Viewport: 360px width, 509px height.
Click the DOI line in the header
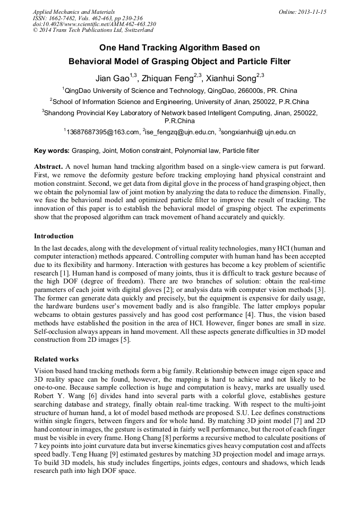pos(95,24)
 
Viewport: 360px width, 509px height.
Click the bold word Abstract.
pos(49,167)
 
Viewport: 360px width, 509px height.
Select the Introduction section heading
pos(54,236)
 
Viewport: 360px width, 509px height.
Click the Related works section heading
pos(56,359)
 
